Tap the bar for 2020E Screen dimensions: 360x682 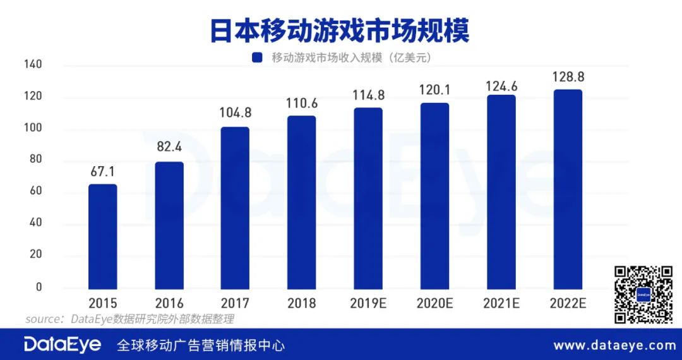tap(434, 195)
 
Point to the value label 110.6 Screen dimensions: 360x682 tap(302, 102)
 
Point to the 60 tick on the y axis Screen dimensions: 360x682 tap(35, 191)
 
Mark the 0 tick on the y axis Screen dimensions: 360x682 tap(38, 287)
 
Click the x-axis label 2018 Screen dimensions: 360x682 tap(302, 304)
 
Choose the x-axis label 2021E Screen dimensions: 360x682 tap(501, 304)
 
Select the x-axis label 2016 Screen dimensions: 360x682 tap(169, 304)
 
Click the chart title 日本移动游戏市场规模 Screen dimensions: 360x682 tap(341, 30)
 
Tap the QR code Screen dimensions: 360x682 tap(643, 294)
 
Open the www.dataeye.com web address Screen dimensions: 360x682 tap(614, 345)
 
